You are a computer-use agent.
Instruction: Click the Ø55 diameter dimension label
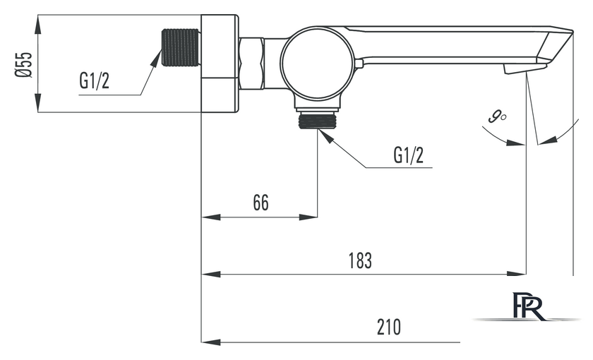(23, 64)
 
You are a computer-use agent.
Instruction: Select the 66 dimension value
(261, 203)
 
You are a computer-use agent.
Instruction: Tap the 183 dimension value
(360, 260)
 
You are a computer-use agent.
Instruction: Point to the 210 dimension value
(389, 328)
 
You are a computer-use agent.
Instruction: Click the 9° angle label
(497, 116)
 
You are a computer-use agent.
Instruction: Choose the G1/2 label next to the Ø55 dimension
(94, 80)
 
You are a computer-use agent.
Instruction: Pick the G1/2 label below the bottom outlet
(409, 155)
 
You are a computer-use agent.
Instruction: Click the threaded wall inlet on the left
(181, 48)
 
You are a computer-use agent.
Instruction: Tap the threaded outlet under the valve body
(317, 121)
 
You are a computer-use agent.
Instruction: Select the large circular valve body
(318, 64)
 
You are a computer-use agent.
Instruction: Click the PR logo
(529, 306)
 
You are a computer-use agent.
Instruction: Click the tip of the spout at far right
(573, 32)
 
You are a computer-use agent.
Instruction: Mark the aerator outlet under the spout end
(525, 68)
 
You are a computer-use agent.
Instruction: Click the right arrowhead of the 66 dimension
(308, 217)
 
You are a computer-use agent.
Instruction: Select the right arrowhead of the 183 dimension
(517, 274)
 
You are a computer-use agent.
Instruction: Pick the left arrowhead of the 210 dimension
(210, 342)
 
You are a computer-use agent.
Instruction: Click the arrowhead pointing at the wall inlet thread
(156, 58)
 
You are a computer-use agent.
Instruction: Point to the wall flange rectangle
(220, 64)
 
